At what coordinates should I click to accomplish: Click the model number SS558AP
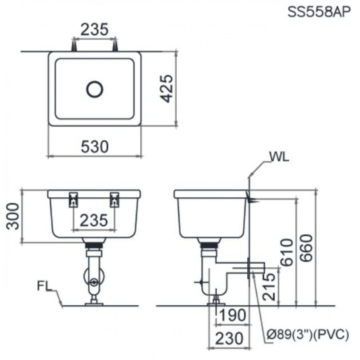318,12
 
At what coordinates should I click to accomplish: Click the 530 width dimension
94,147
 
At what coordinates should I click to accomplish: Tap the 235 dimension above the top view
94,30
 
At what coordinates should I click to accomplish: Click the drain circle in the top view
95,89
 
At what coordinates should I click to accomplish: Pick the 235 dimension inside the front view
94,220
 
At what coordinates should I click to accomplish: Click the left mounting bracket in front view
73,199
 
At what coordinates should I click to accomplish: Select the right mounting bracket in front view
115,199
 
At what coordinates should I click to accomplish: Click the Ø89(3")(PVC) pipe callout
308,336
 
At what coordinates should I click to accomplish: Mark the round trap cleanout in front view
94,282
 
